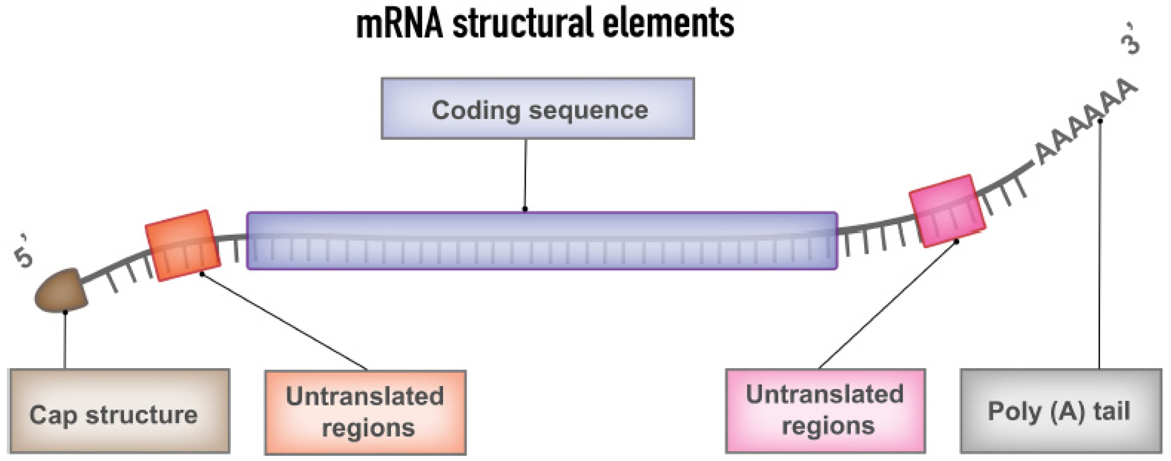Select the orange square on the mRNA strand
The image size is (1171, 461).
[183, 246]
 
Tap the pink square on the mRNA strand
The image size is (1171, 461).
[947, 211]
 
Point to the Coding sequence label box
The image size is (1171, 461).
[537, 108]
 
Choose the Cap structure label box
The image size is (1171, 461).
[120, 411]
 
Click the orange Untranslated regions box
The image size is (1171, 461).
[366, 412]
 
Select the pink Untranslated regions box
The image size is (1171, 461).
[825, 411]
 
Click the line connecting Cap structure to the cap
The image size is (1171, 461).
[65, 341]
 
